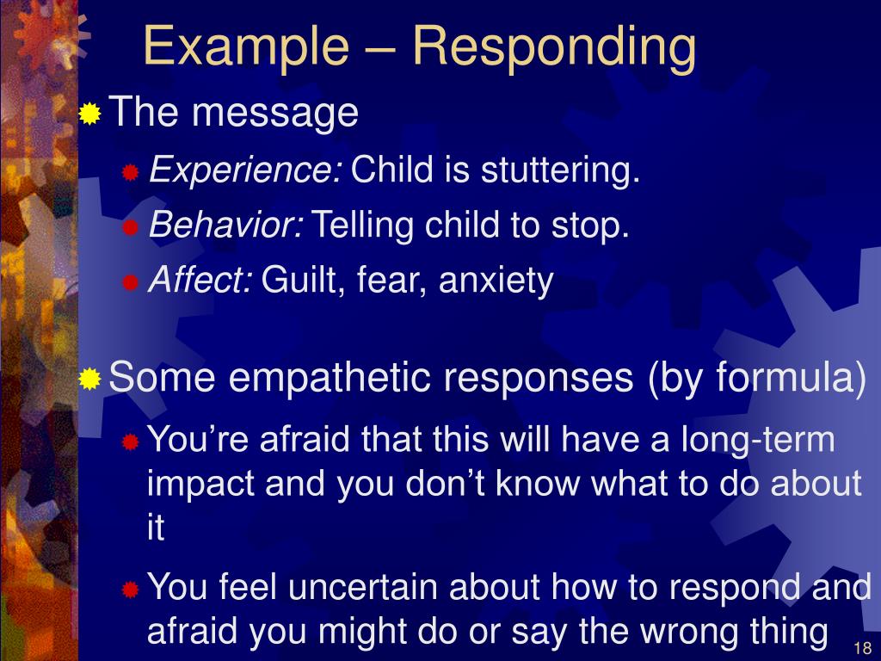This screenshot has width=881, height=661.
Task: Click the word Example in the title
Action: pos(246,47)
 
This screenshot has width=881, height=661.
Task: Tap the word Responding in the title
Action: pos(555,47)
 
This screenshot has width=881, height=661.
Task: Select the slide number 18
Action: pos(862,647)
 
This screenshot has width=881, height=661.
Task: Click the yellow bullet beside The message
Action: pos(89,114)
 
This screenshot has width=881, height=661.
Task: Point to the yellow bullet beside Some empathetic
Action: pos(89,379)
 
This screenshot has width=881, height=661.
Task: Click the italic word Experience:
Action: pos(245,170)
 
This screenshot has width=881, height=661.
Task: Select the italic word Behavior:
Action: pos(226,225)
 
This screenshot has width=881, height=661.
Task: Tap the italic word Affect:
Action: pos(200,279)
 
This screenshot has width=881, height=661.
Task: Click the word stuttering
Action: pos(560,170)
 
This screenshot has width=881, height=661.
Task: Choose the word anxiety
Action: pos(496,281)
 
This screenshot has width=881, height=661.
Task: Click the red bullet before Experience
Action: pos(131,172)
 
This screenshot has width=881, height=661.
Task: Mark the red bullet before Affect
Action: pos(131,282)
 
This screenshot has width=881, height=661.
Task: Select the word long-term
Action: pos(758,440)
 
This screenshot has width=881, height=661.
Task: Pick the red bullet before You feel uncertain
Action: pos(131,590)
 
